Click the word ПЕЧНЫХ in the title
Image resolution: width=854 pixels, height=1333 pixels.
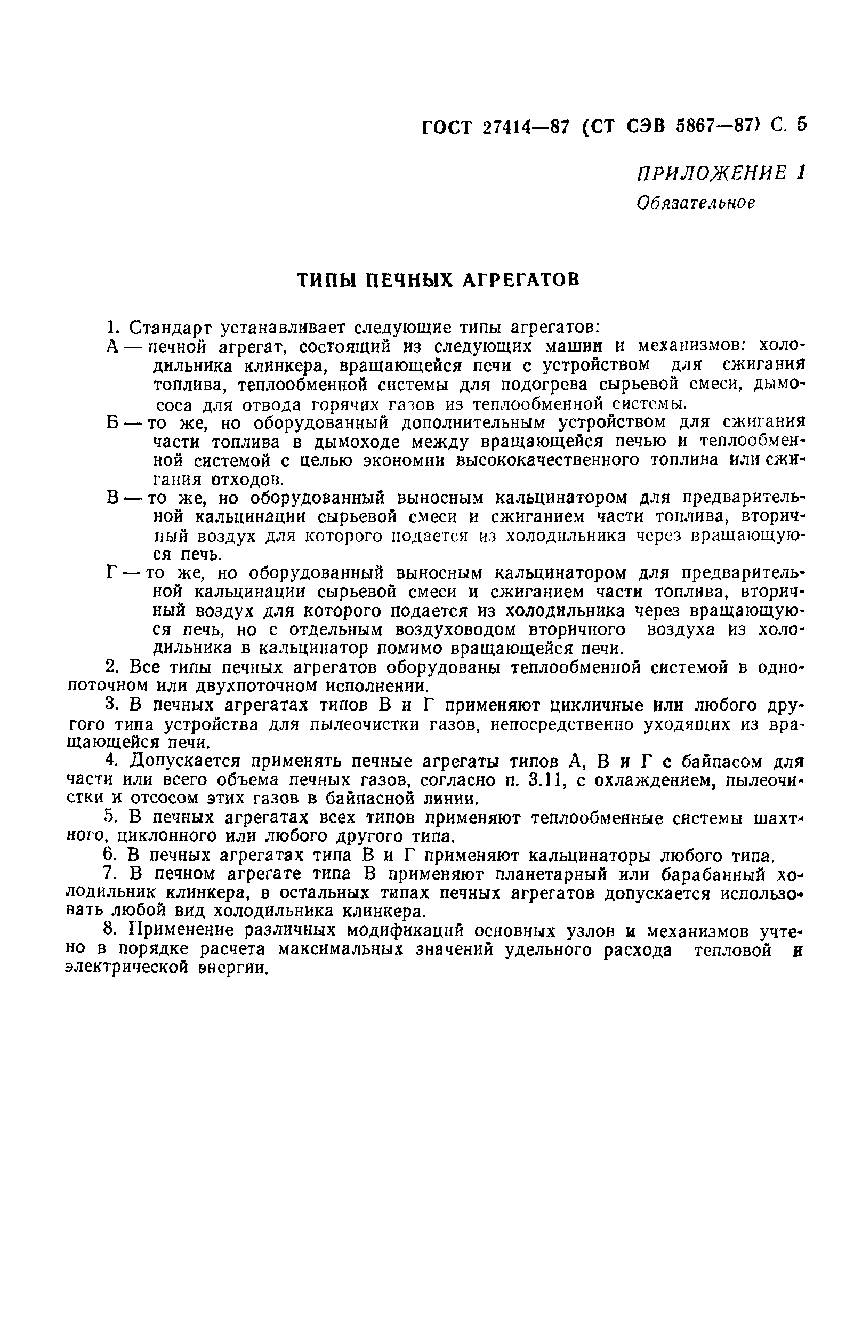(x=411, y=281)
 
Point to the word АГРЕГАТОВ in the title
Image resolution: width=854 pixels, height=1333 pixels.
(x=521, y=281)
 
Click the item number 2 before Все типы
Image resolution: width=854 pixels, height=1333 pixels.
(x=109, y=667)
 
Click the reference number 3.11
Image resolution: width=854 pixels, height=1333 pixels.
(x=546, y=780)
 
